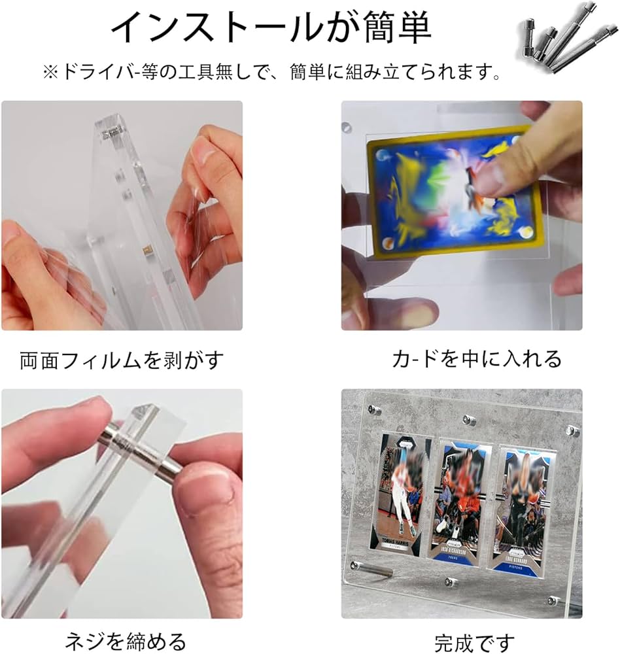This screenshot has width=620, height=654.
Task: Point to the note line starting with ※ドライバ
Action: [272, 72]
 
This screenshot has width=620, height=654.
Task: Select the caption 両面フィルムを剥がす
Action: [122, 359]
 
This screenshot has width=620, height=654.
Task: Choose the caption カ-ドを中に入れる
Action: [477, 359]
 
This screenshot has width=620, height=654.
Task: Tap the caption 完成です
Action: [475, 642]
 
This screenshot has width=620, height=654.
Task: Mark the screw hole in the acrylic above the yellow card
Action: [348, 124]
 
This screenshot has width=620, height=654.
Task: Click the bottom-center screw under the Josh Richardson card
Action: [451, 582]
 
